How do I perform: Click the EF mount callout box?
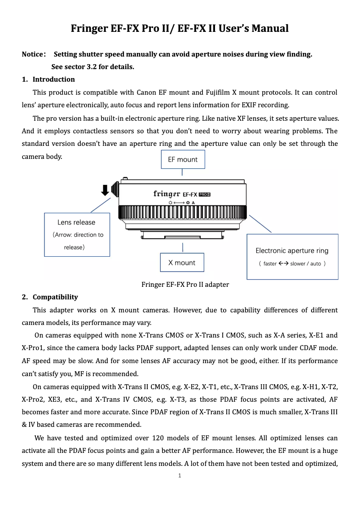[x=182, y=159]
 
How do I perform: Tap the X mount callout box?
[x=182, y=263]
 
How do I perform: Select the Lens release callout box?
[x=76, y=234]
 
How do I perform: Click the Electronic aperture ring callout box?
[x=292, y=256]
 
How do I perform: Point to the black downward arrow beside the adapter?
[x=105, y=189]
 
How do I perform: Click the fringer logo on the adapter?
[x=167, y=194]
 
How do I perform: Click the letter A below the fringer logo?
[x=193, y=203]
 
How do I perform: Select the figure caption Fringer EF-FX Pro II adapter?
[x=185, y=285]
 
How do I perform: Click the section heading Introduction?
[x=53, y=79]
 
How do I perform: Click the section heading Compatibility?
[x=55, y=297]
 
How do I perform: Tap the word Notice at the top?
[x=32, y=55]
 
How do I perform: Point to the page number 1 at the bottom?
[x=180, y=475]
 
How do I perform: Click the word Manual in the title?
[x=269, y=29]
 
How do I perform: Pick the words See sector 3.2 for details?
[x=92, y=67]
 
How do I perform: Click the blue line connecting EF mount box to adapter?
[x=182, y=172]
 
